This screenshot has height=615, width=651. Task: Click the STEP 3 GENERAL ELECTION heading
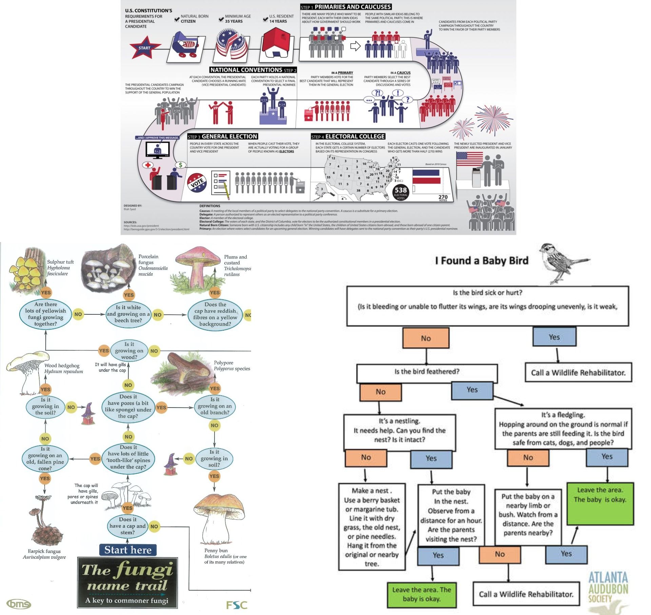223,137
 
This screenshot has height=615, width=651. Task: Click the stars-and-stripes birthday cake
231,45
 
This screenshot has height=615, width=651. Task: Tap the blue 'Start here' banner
128,550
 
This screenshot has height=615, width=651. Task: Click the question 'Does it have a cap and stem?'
127,526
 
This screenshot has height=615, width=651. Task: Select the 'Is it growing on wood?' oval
129,351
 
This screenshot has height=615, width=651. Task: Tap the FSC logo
236,605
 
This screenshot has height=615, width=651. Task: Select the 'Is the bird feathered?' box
427,372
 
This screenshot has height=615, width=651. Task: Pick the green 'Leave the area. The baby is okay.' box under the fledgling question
600,503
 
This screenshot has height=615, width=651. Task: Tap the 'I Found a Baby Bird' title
481,261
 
